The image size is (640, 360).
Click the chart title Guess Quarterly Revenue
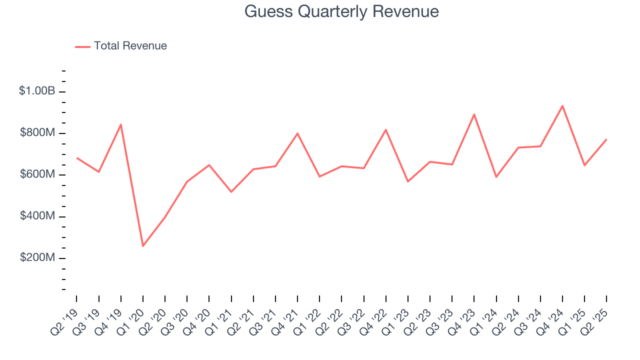tap(341, 11)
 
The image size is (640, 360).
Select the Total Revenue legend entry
tap(121, 46)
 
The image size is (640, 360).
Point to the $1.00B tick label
tap(37, 91)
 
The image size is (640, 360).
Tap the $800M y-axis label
tap(37, 133)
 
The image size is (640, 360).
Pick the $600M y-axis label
tap(37, 174)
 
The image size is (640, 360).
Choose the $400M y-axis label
tap(37, 216)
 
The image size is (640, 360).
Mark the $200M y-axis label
tap(37, 257)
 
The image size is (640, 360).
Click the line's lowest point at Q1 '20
tap(143, 246)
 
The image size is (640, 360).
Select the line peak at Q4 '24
tap(562, 106)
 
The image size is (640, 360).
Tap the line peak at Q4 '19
tap(121, 124)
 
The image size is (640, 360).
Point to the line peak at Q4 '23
tap(474, 114)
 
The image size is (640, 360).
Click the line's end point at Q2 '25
tap(606, 139)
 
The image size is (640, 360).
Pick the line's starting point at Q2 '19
tap(76, 158)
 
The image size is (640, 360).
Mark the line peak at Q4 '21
tap(297, 133)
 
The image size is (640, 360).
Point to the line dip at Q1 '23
tap(408, 181)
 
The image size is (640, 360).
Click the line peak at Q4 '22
tap(386, 129)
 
